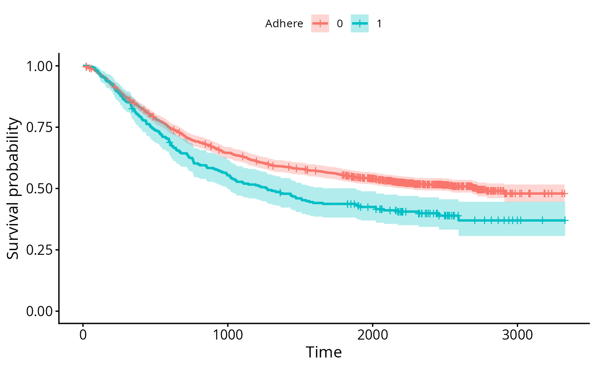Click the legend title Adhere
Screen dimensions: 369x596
click(284, 24)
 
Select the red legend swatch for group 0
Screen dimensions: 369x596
click(320, 24)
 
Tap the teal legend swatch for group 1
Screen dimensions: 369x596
click(359, 24)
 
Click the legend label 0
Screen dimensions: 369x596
click(340, 24)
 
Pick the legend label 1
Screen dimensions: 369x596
click(379, 24)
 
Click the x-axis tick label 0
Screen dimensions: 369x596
click(83, 334)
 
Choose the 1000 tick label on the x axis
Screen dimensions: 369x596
click(228, 334)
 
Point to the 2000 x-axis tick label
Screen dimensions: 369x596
click(372, 334)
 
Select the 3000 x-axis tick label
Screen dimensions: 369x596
click(517, 334)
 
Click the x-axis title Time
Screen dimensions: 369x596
click(324, 352)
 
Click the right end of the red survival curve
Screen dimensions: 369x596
click(567, 193)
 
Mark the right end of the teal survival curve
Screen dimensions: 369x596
click(568, 220)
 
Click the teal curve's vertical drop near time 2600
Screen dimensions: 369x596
click(458, 218)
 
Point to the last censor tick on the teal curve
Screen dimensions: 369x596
click(565, 220)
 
